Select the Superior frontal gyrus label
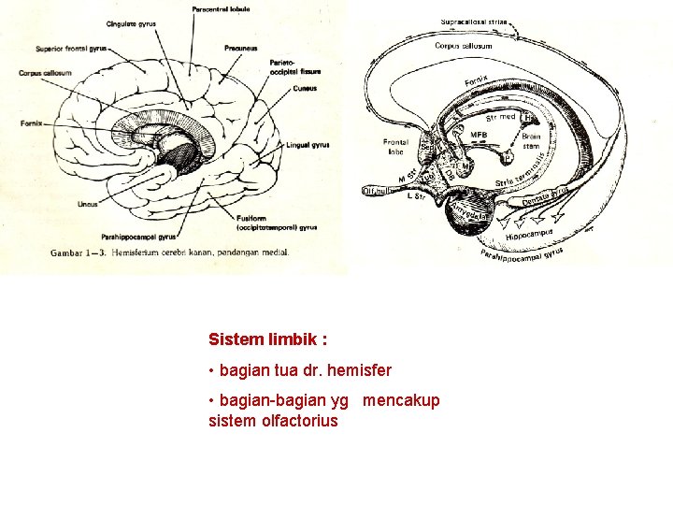click(x=70, y=48)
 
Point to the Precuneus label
click(x=241, y=48)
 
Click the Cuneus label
click(x=304, y=89)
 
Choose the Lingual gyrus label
click(x=308, y=145)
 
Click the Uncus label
click(x=87, y=203)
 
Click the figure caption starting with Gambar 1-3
click(x=170, y=252)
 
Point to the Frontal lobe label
click(x=395, y=147)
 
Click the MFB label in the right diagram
click(x=479, y=137)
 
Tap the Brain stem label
click(x=531, y=141)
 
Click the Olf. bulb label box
click(x=379, y=191)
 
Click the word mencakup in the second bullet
click(x=401, y=401)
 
